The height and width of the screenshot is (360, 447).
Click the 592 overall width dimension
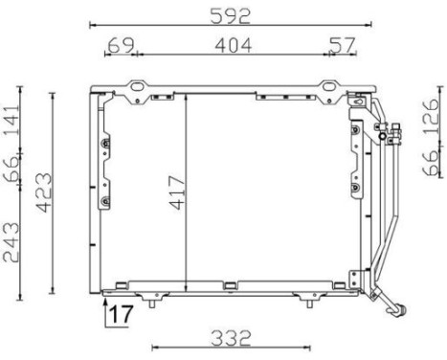[x=231, y=16]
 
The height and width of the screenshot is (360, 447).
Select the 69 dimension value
[x=122, y=45]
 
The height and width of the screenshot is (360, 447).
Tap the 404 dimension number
[x=234, y=45]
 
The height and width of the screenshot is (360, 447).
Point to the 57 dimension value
[x=342, y=45]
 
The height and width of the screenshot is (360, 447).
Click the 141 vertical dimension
[x=11, y=119]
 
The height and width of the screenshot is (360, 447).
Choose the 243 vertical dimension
[x=11, y=242]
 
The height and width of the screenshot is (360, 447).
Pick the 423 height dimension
[x=44, y=192]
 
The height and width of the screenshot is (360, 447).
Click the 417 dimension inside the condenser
[x=177, y=192]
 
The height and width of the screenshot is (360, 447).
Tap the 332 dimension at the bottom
[x=231, y=338]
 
